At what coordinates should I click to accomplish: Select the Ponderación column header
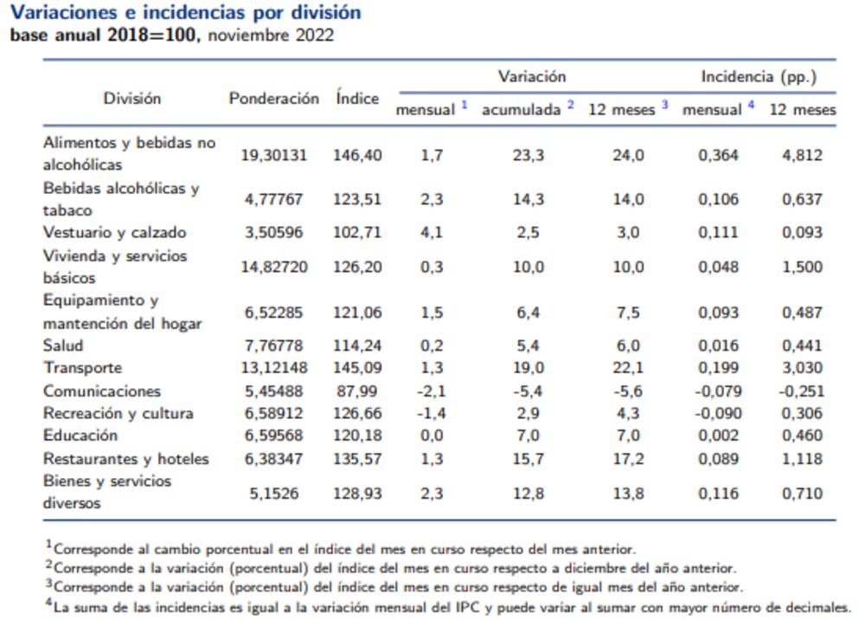(273, 99)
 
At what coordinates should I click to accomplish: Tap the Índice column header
(357, 99)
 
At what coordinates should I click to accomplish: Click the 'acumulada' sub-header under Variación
(522, 110)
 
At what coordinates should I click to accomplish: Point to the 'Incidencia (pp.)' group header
(759, 76)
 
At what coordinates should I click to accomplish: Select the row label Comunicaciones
(102, 391)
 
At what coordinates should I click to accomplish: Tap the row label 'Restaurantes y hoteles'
(126, 458)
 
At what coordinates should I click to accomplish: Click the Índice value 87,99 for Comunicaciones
(357, 391)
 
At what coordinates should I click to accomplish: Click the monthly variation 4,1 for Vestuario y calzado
(432, 233)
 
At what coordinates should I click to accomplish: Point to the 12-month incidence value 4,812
(802, 156)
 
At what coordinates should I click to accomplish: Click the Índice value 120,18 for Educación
(357, 436)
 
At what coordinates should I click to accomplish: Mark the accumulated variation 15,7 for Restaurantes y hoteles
(529, 459)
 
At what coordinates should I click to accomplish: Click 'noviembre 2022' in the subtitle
(271, 36)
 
